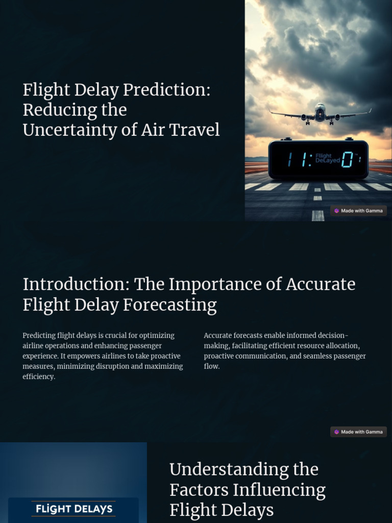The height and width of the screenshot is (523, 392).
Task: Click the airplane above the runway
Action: (320, 113)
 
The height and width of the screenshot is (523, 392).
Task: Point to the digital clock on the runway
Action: (318, 160)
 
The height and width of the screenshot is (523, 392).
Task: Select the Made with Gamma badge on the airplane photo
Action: (358, 210)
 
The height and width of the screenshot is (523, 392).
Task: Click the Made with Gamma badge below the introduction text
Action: (358, 432)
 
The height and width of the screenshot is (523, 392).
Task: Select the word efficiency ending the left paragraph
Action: (38, 376)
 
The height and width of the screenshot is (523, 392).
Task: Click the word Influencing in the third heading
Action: (279, 490)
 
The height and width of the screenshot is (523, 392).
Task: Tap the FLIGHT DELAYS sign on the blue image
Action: (73, 509)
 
